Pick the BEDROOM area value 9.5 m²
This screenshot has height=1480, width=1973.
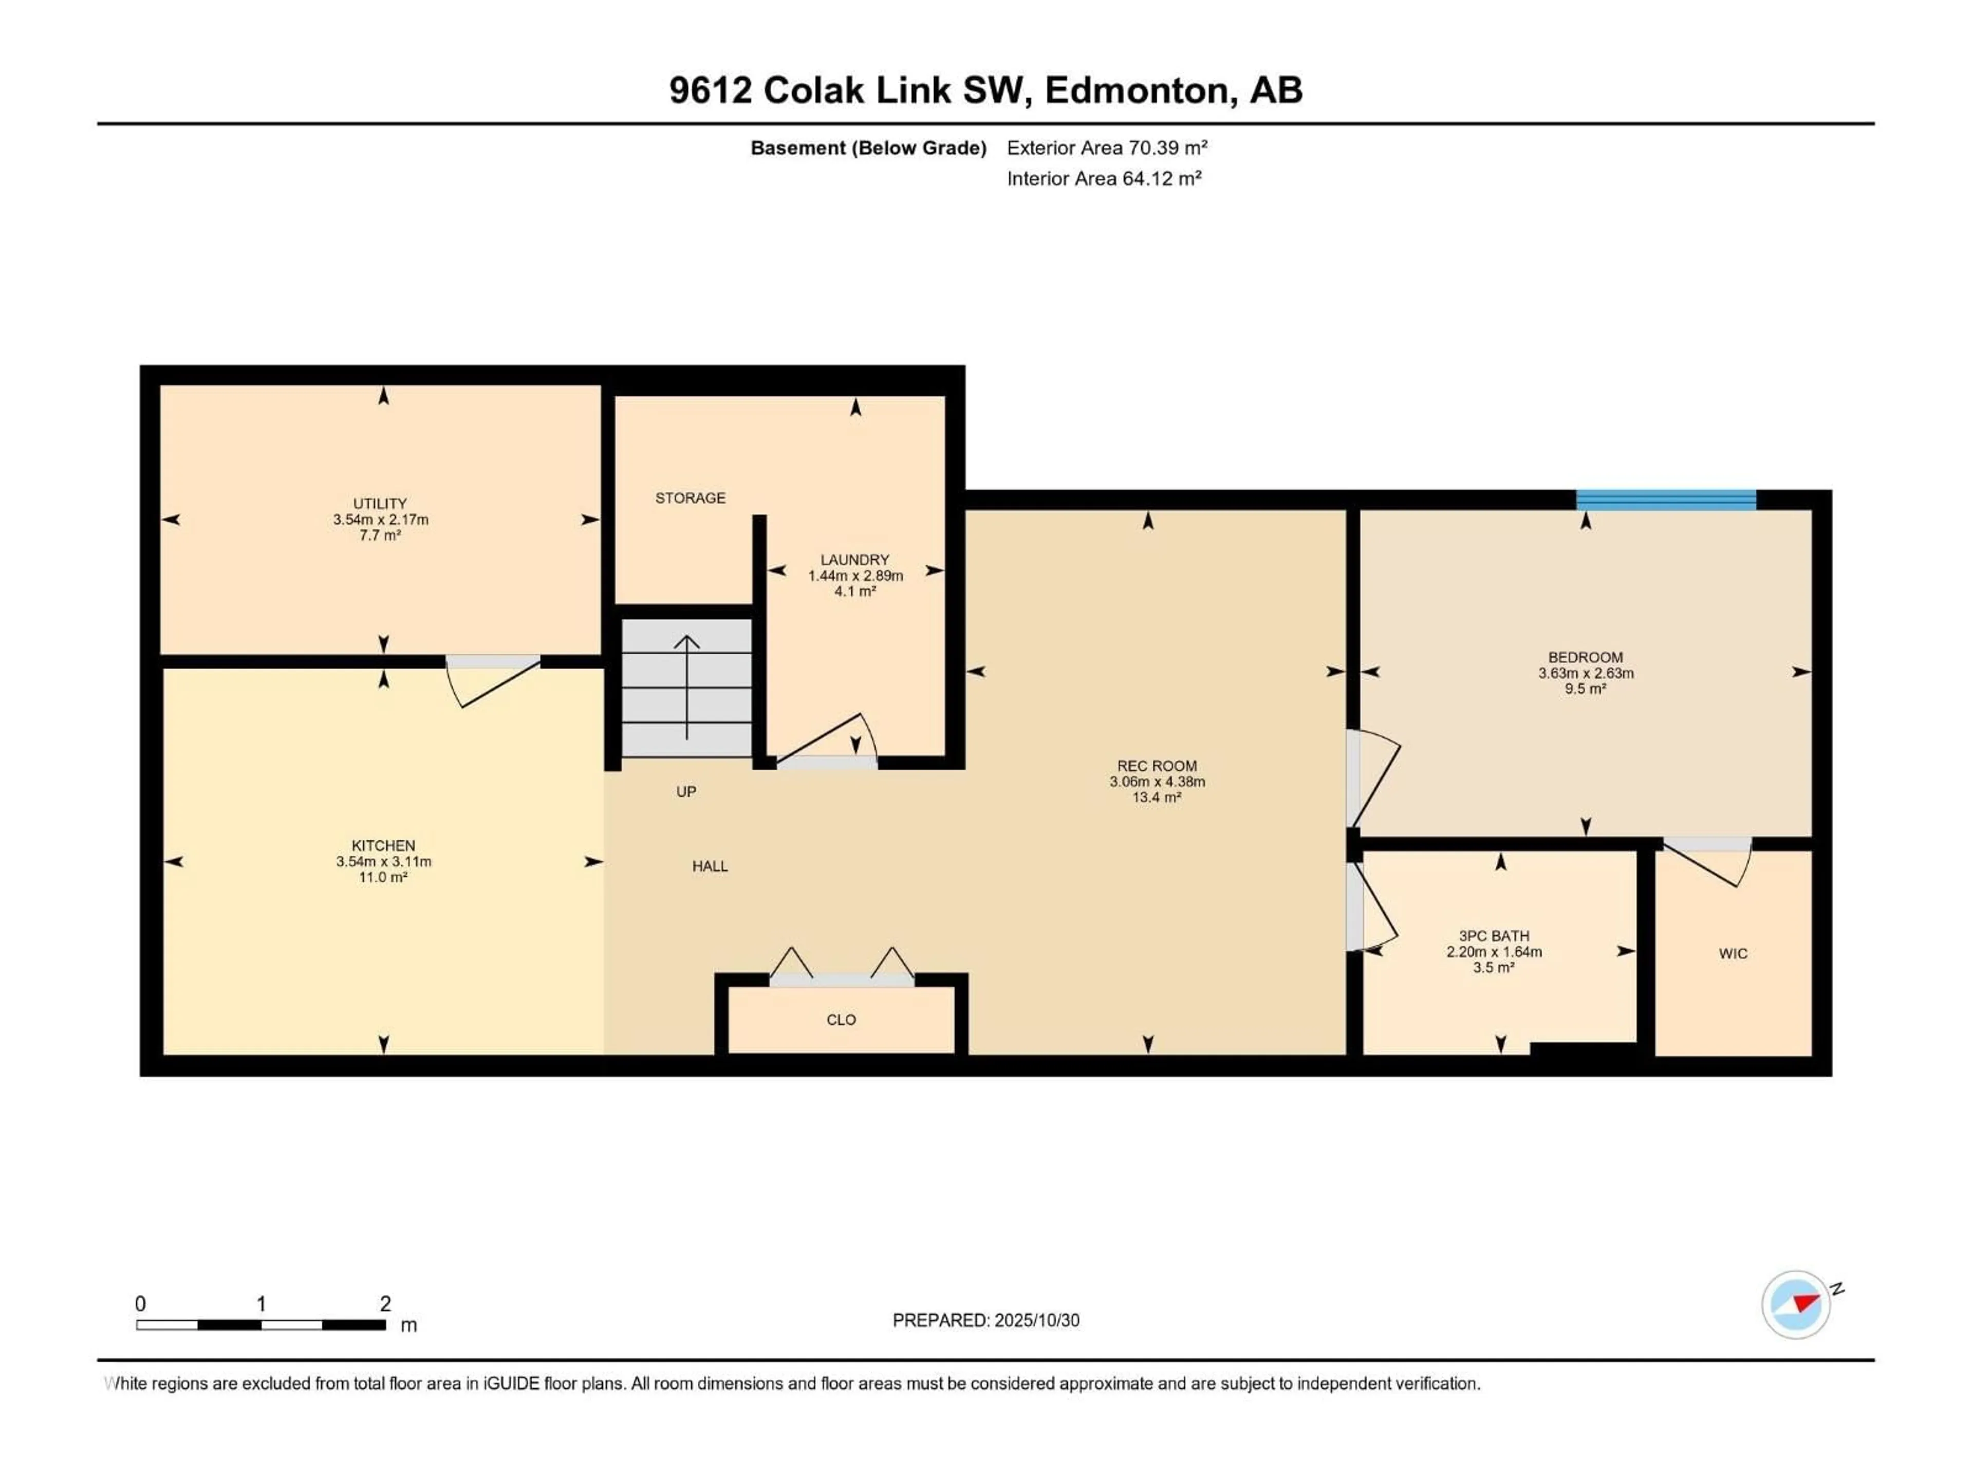[x=1585, y=689]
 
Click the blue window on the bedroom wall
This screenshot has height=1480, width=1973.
[x=1665, y=499]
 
